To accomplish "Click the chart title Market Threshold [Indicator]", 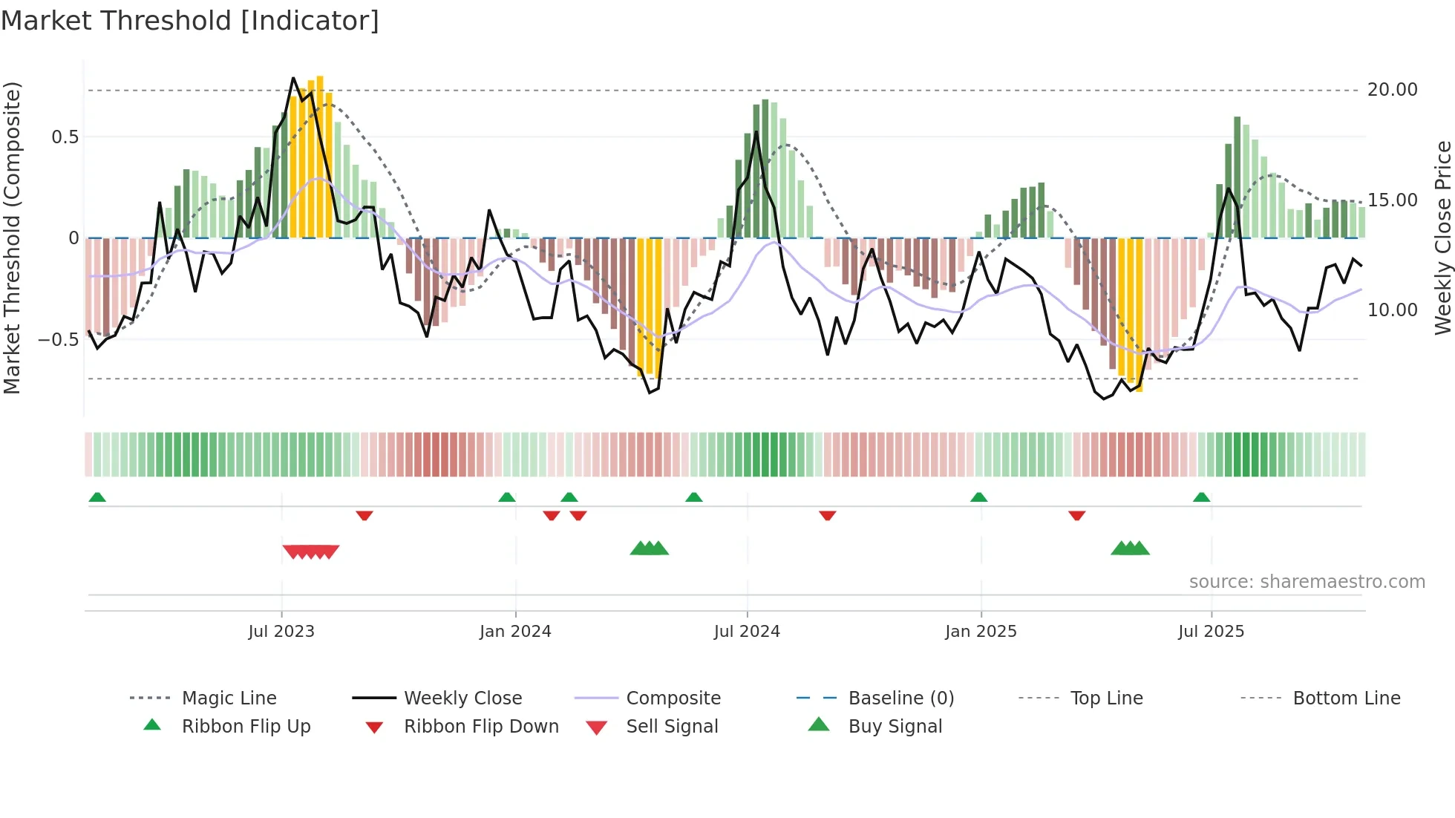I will pos(190,21).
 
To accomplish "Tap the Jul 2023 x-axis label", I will pos(281,632).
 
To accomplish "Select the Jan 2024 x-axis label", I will pos(515,632).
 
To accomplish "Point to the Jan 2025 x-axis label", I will pos(981,632).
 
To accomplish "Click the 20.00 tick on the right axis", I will pos(1392,90).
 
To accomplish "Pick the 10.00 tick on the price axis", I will pos(1392,310).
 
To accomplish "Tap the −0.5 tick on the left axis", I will pos(58,340).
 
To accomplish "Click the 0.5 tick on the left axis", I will pos(65,137).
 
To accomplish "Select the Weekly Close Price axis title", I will pos(1442,238).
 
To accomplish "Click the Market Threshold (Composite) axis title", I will pos(12,238).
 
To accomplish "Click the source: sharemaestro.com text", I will pos(1307,582).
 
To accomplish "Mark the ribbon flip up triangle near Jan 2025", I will pos(978,497).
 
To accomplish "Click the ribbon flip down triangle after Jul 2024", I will pos(827,515).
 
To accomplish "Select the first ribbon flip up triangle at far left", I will pos(97,497).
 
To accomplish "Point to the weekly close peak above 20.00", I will pos(293,78).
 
